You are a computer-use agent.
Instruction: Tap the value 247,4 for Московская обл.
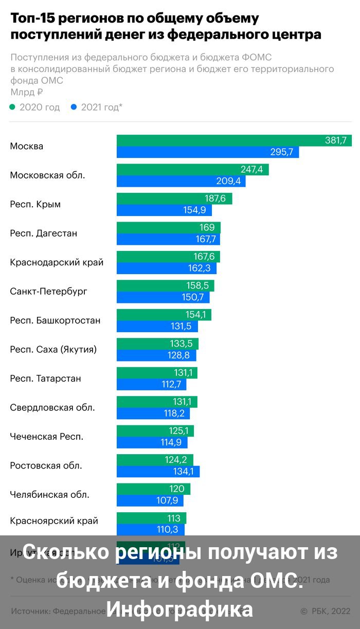251,170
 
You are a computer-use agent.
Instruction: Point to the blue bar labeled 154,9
154,210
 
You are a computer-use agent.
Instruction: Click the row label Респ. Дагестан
44,233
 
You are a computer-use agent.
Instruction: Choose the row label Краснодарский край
57,262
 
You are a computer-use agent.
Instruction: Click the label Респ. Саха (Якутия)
53,350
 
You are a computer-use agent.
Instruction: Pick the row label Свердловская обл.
52,408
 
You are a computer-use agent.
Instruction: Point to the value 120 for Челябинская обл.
177,489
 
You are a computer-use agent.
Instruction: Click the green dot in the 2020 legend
13,107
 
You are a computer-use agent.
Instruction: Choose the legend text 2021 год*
102,107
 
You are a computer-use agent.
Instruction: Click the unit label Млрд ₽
27,93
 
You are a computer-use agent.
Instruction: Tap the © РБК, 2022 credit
325,612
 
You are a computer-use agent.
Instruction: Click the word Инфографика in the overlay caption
180,609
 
